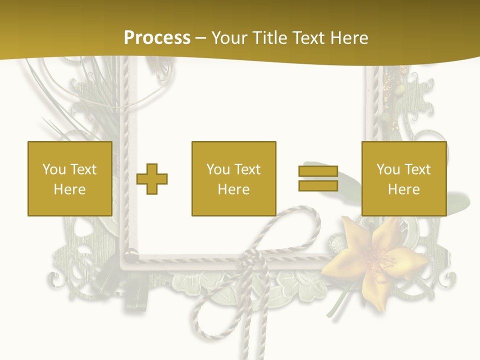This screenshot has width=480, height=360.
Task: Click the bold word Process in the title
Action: click(157, 38)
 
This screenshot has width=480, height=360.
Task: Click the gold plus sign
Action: click(152, 179)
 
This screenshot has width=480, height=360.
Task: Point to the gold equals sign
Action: click(318, 179)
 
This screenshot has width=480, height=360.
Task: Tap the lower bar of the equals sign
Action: click(318, 186)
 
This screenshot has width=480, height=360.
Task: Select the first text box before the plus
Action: click(69, 178)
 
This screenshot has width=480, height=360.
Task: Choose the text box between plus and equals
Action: click(233, 178)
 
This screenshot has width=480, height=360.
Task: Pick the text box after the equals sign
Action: click(403, 178)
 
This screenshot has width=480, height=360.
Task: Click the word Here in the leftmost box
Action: click(69, 189)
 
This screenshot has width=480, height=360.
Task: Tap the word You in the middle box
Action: click(218, 169)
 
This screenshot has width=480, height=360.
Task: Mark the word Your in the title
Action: click(230, 38)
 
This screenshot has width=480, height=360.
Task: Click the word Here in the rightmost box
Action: click(403, 189)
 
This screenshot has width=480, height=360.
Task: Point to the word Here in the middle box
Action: click(233, 189)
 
